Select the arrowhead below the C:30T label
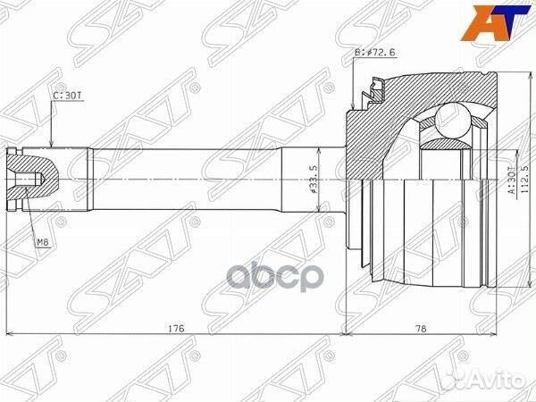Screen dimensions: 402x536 point(54,144)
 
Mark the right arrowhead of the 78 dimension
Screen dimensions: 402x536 point(492,335)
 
